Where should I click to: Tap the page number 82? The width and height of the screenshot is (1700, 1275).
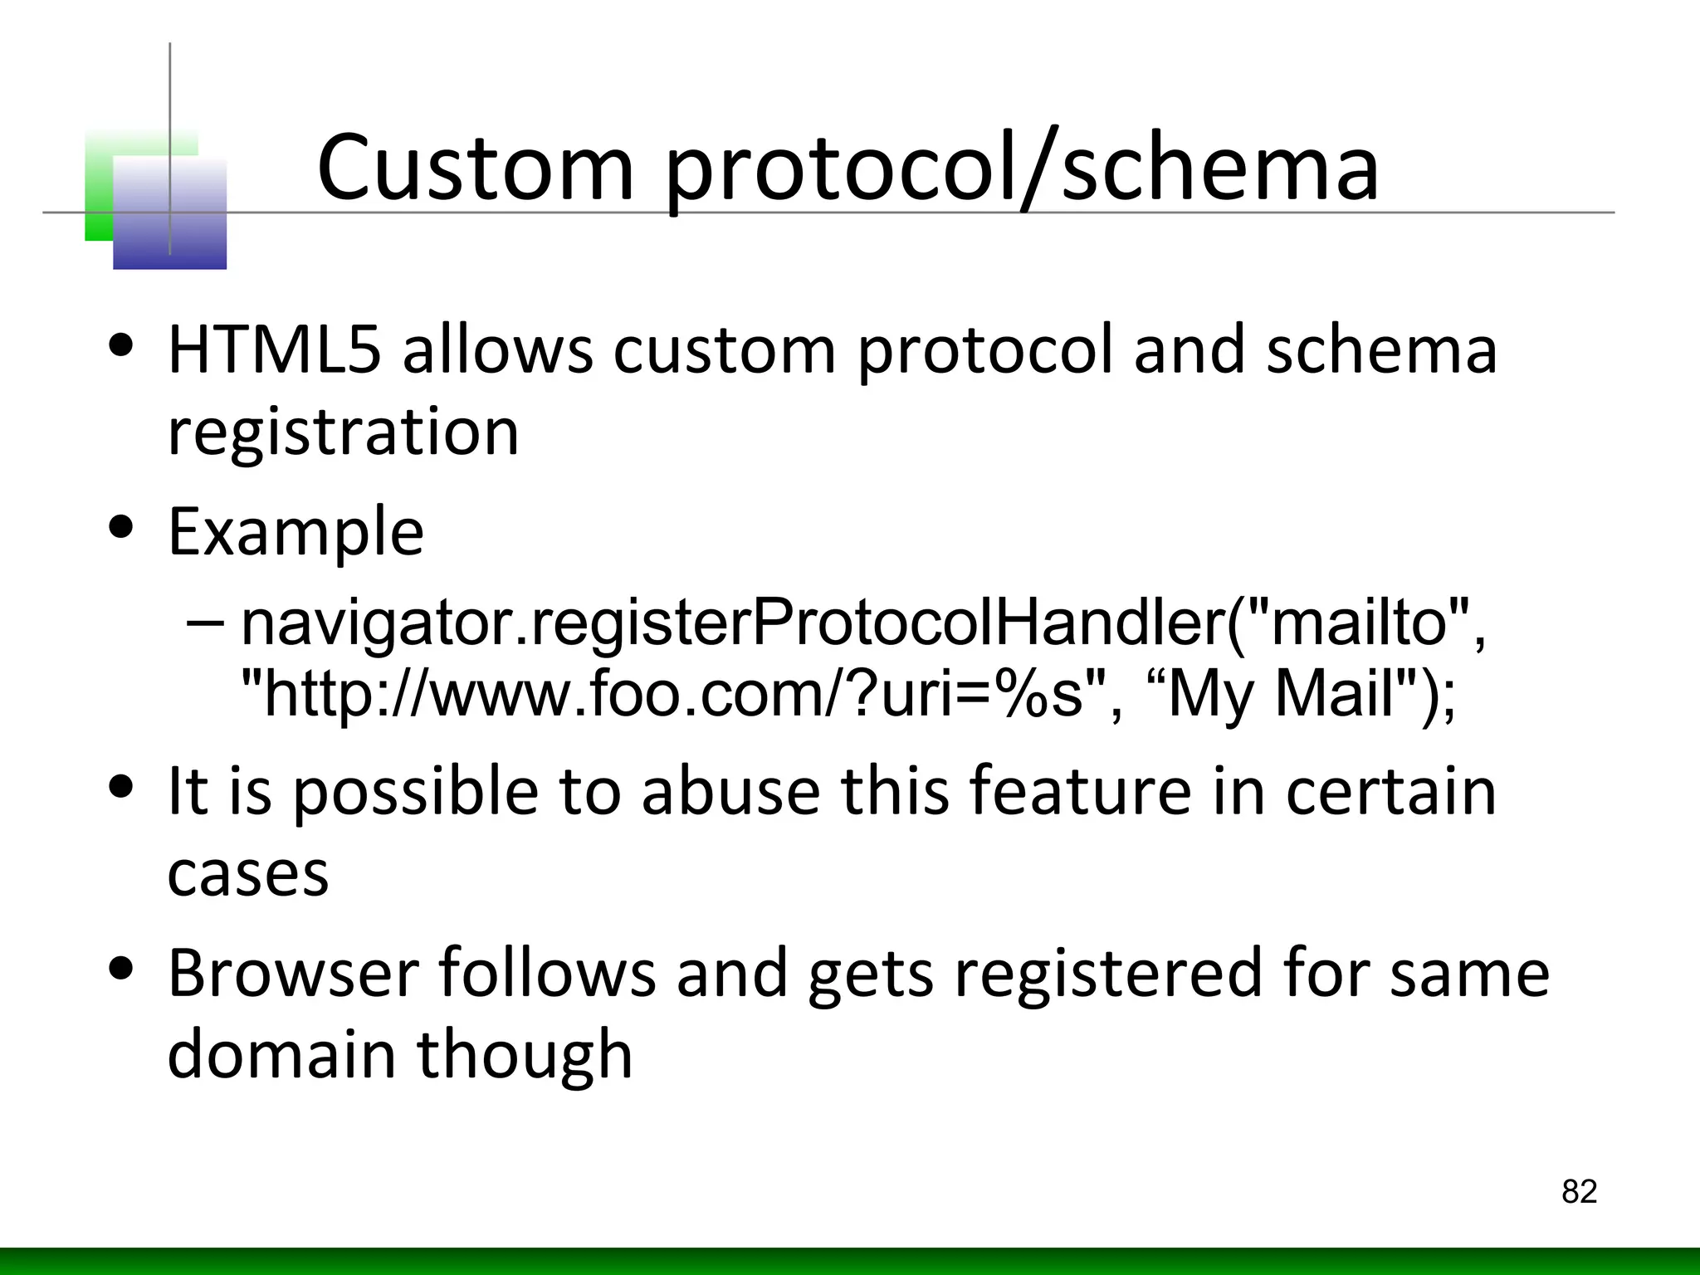(1579, 1192)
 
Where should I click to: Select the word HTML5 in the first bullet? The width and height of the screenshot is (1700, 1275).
(275, 349)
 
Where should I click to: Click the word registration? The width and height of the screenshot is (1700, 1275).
(343, 432)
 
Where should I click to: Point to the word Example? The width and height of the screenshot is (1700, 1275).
(296, 532)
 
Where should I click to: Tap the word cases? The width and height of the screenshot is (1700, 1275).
(247, 874)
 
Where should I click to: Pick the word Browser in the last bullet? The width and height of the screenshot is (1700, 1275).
(293, 973)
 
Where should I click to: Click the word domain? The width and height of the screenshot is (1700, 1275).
(281, 1054)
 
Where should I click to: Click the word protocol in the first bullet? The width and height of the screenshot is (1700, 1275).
(984, 349)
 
